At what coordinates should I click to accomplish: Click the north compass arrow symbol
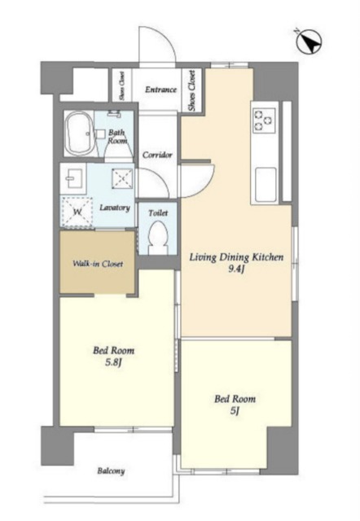[x=309, y=42]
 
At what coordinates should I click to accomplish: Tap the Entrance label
[x=160, y=90]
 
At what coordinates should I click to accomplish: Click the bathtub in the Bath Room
[x=79, y=134]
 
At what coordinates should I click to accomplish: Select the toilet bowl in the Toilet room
[x=158, y=238]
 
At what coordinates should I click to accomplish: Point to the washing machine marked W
[x=77, y=212]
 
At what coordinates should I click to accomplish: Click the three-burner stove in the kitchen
[x=265, y=120]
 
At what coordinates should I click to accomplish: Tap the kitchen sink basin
[x=266, y=185]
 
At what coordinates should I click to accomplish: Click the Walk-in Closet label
[x=98, y=264]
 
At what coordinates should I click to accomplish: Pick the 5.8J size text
[x=114, y=362]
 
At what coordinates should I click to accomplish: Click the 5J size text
[x=235, y=411]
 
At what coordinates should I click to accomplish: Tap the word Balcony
[x=111, y=471]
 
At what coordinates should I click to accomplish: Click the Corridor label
[x=157, y=155]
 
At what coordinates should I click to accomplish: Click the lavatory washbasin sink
[x=73, y=178]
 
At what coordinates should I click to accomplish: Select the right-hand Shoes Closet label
[x=191, y=90]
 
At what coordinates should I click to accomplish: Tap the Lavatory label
[x=115, y=208]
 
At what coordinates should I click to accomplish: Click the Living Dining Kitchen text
[x=236, y=257]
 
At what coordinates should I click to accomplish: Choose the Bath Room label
[x=117, y=137]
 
